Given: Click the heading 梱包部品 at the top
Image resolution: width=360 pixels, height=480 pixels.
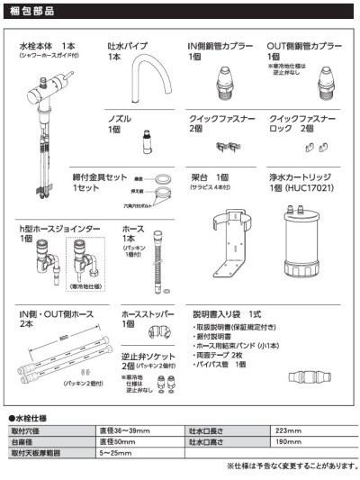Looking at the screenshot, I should [x=32, y=14].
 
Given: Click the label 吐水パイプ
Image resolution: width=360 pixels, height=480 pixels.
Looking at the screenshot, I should [x=127, y=46].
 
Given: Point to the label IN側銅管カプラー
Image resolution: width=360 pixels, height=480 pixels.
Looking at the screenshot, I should [x=218, y=46].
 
